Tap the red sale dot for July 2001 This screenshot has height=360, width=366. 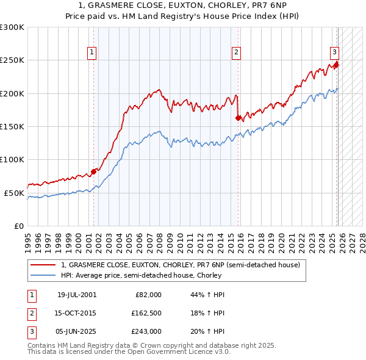click(x=93, y=171)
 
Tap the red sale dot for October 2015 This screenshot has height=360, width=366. click(x=238, y=118)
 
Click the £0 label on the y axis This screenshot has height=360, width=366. click(x=18, y=226)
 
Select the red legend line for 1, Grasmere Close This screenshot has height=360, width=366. click(x=43, y=265)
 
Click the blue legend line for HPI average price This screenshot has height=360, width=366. click(x=43, y=275)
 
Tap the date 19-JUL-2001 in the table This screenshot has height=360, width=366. click(x=76, y=295)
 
